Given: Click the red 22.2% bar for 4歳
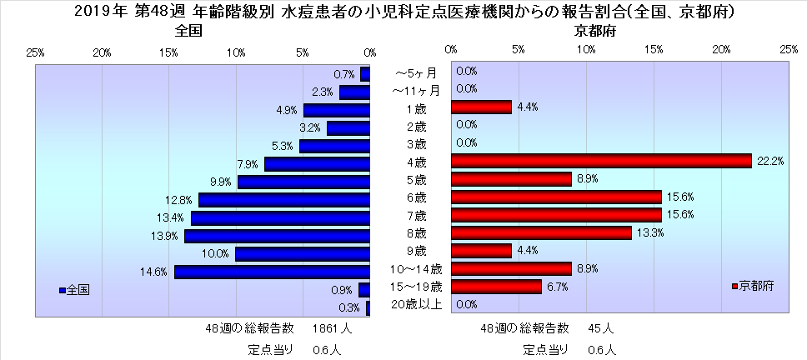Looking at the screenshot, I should pyautogui.click(x=600, y=162).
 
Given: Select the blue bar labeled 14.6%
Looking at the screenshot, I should pyautogui.click(x=272, y=272).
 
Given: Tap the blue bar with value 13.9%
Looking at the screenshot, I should pyautogui.click(x=277, y=236).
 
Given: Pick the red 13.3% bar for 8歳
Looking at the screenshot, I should pyautogui.click(x=540, y=232).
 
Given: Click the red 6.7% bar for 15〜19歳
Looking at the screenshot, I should pyautogui.click(x=496, y=287).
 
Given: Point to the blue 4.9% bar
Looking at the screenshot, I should pyautogui.click(x=336, y=110).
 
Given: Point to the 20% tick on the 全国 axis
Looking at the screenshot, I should pyautogui.click(x=102, y=52).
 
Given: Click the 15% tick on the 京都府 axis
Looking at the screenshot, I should pyautogui.click(x=654, y=51).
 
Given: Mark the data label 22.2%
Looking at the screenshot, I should pyautogui.click(x=770, y=162).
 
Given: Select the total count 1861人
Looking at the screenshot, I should pyautogui.click(x=332, y=328).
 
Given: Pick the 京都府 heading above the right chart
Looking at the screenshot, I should pyautogui.click(x=594, y=31).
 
